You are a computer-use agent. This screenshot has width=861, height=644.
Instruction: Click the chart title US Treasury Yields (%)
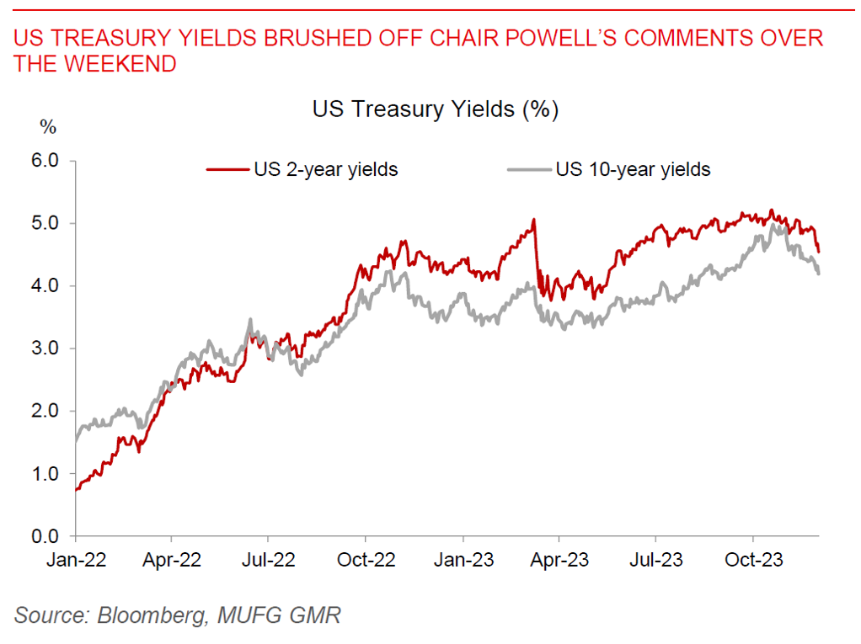(436, 110)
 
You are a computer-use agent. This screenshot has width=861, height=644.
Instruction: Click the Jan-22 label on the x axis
(77, 559)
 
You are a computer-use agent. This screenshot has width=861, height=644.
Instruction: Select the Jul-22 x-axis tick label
(268, 559)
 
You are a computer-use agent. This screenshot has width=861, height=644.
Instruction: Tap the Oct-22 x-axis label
(366, 559)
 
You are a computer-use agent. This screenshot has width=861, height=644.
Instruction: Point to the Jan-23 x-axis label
(463, 559)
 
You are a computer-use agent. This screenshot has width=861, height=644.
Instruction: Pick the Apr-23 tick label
(559, 559)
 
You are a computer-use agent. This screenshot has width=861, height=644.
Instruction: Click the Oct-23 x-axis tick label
(752, 559)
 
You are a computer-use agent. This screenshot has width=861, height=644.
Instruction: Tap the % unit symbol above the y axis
(48, 128)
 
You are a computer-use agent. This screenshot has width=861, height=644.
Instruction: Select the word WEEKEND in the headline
(126, 64)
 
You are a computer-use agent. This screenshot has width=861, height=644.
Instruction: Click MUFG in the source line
(249, 615)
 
